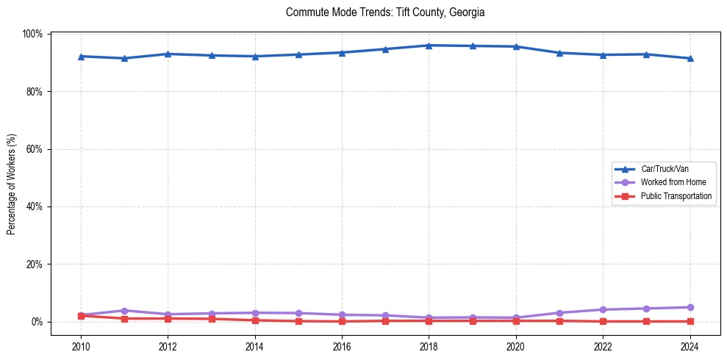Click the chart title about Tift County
click(385, 12)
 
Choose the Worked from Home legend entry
click(673, 182)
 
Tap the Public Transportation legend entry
click(676, 196)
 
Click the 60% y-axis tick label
click(34, 149)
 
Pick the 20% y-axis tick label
click(34, 264)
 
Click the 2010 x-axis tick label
click(81, 347)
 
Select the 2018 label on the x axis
click(429, 347)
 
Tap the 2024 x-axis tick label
click(690, 347)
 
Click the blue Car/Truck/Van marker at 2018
click(429, 46)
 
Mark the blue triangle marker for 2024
click(690, 58)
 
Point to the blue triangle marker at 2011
click(124, 58)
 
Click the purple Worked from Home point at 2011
click(124, 311)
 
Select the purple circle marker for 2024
click(690, 307)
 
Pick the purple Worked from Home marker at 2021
click(559, 313)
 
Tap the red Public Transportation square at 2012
click(168, 319)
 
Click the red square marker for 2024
click(690, 321)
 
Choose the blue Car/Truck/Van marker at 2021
click(559, 53)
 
